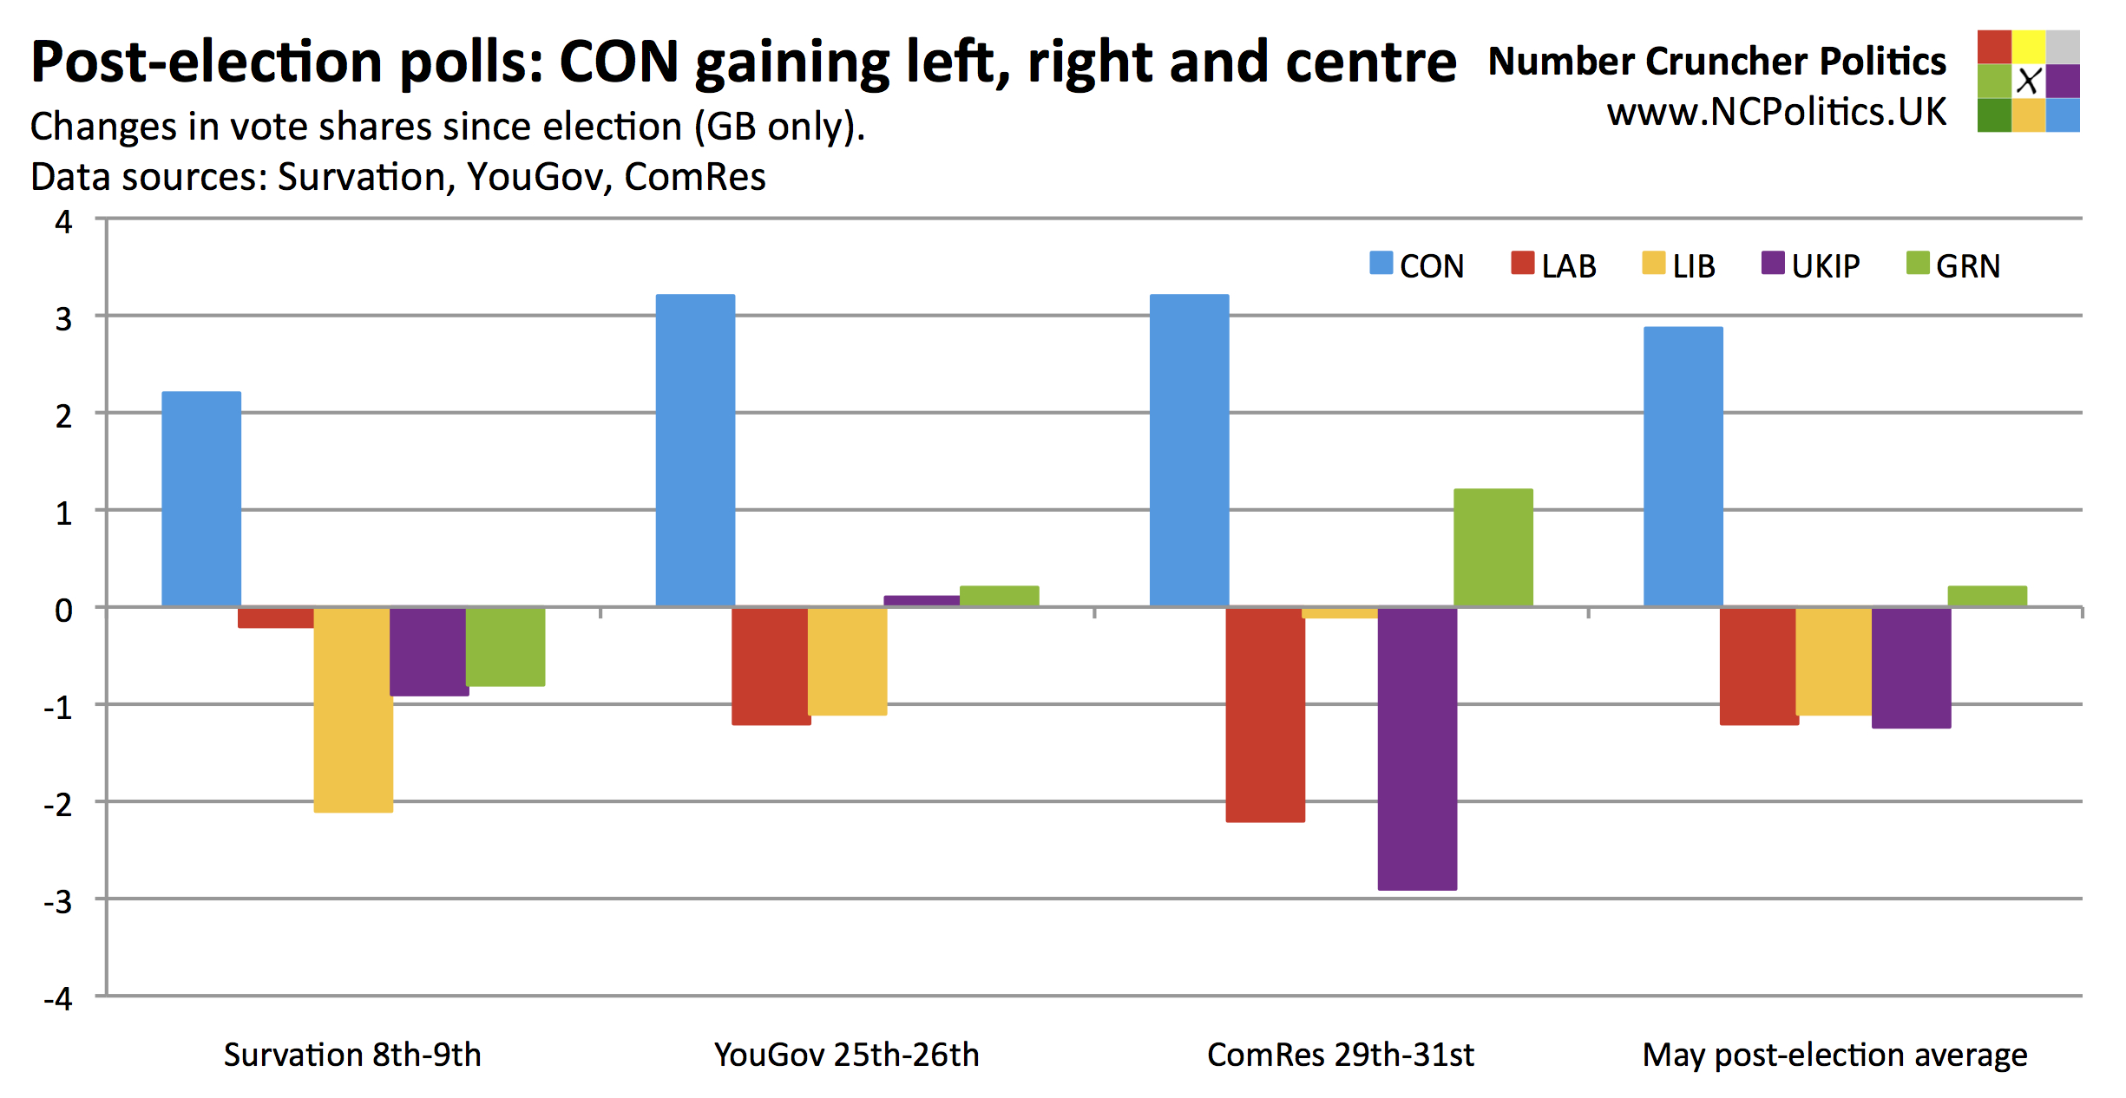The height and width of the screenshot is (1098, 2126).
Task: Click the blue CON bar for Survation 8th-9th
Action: (x=201, y=499)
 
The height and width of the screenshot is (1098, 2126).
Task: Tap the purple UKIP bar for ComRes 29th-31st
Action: (x=1417, y=748)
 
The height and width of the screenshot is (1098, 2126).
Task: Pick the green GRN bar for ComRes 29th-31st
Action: (x=1493, y=547)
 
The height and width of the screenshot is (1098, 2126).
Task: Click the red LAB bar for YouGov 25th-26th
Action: (x=771, y=665)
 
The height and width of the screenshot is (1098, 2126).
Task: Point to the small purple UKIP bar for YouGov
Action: (x=922, y=600)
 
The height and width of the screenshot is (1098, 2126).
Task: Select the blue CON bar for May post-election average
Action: (x=1683, y=467)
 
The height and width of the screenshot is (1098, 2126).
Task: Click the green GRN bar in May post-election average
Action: (x=1986, y=596)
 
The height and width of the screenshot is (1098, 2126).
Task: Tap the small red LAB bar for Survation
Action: (x=276, y=618)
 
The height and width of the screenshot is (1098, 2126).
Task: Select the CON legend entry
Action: (x=1416, y=265)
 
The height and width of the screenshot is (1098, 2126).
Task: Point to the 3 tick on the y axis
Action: (x=63, y=319)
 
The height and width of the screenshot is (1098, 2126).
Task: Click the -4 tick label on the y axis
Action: (x=59, y=998)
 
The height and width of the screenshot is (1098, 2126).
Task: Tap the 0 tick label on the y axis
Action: (x=63, y=611)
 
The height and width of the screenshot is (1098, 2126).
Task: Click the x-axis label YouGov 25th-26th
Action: (x=846, y=1055)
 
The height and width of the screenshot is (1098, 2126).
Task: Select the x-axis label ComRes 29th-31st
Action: (x=1340, y=1055)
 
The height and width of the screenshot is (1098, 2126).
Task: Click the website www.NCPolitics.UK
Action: (x=1775, y=112)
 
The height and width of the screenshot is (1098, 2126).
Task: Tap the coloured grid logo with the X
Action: (x=2028, y=81)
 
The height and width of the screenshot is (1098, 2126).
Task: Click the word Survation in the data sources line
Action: (x=361, y=177)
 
